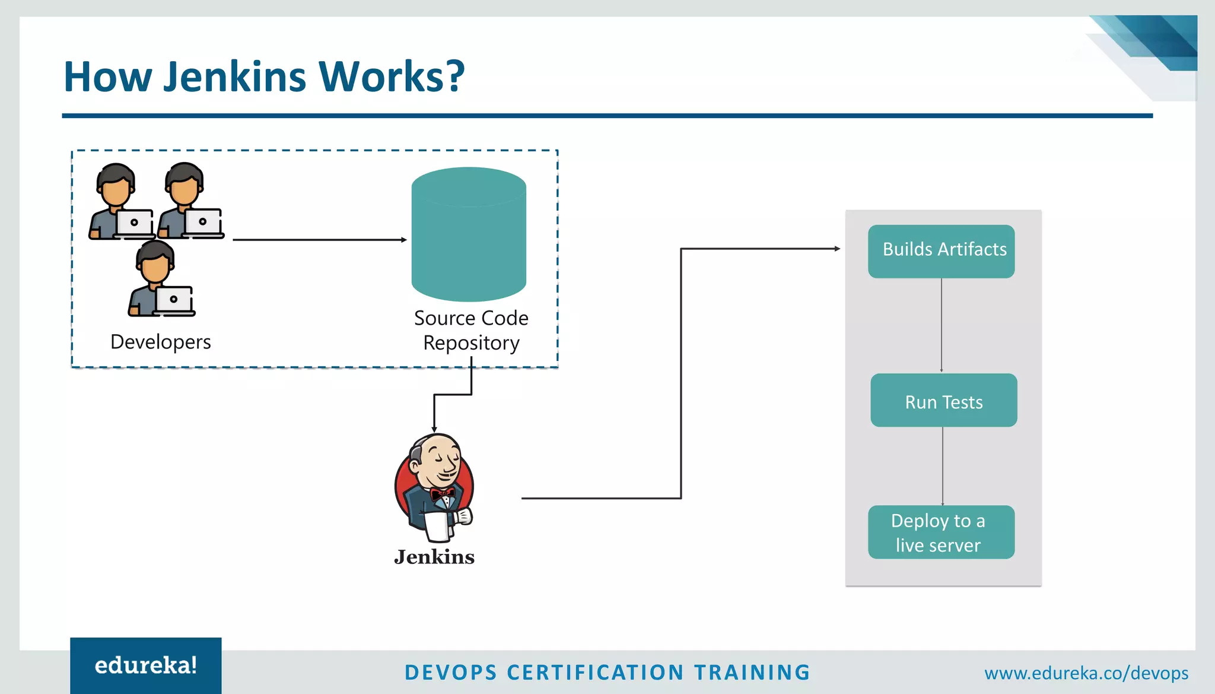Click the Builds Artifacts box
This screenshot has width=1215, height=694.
pos(941,251)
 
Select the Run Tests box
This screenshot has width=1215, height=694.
pos(943,401)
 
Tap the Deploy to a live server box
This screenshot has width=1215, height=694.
pos(941,532)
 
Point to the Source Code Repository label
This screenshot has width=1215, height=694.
pos(471,331)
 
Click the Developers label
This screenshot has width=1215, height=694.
pos(160,342)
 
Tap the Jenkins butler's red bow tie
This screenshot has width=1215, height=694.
pos(442,493)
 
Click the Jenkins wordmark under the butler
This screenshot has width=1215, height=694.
pos(434,557)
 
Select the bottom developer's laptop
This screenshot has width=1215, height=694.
pos(174,300)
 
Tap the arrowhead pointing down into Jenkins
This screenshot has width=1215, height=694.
pos(434,429)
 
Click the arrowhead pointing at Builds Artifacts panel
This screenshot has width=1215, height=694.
pos(837,249)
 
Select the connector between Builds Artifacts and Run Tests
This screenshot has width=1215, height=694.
pos(942,325)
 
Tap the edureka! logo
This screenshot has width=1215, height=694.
pos(146,666)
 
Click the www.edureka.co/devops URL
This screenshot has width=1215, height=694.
pos(1086,673)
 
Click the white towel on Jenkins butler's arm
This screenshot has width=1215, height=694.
pos(438,527)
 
